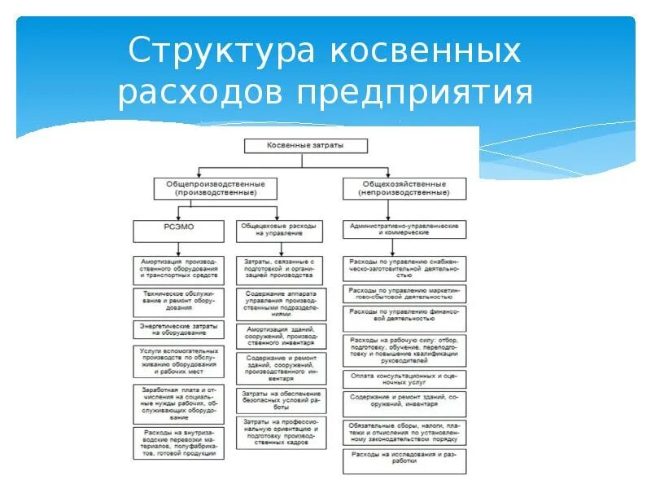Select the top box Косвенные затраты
tap(306, 146)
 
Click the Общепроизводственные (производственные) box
tap(215, 189)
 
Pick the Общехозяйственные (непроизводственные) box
tap(404, 189)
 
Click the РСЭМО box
tap(176, 228)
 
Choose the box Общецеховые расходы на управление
tap(280, 228)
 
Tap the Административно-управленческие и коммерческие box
tap(404, 228)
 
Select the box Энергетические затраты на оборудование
tap(176, 329)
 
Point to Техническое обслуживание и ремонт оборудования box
tap(176, 301)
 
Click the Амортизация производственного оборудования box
tap(176, 270)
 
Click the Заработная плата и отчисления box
tap(176, 403)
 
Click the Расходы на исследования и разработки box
tap(404, 460)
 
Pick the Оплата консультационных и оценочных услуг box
tap(404, 378)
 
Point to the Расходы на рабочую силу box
tap(404, 349)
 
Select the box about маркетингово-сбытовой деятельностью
tap(404, 293)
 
